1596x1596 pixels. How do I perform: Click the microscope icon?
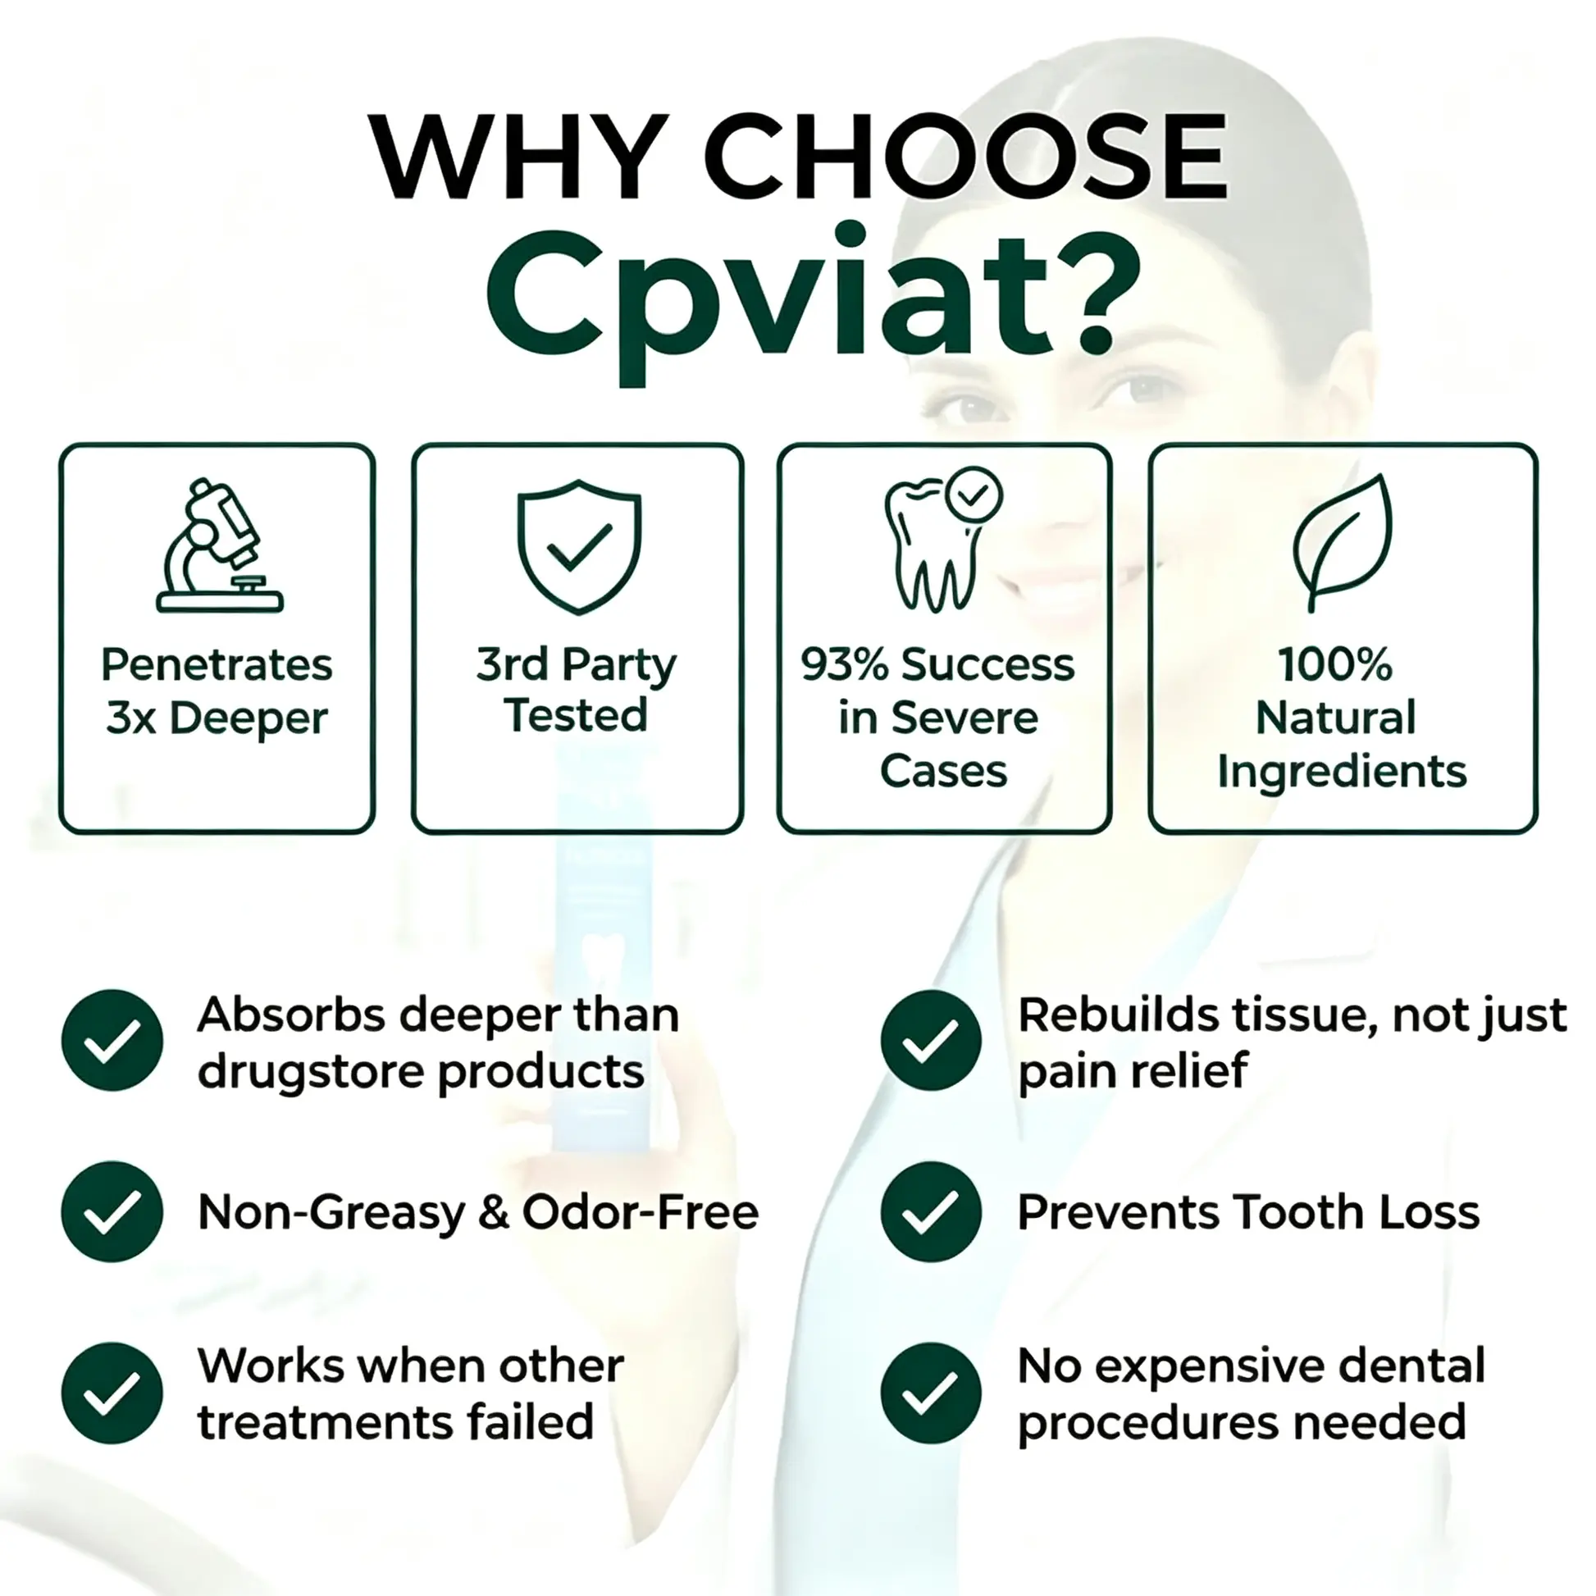click(220, 545)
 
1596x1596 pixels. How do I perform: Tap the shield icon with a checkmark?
click(579, 547)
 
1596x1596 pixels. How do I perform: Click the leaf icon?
click(1343, 543)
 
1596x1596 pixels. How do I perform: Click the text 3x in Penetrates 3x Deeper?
click(130, 716)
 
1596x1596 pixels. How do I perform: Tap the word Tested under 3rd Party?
click(576, 714)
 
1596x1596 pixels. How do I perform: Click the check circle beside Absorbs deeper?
click(112, 1040)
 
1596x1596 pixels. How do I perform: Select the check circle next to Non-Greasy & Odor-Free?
click(112, 1212)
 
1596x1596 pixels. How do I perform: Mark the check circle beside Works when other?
click(112, 1393)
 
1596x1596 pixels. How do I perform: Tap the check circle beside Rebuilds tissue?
click(931, 1040)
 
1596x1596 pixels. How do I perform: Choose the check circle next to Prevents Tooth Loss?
click(931, 1212)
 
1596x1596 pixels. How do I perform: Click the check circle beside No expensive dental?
click(931, 1393)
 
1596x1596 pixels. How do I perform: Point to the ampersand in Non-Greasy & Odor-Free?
click(493, 1213)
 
